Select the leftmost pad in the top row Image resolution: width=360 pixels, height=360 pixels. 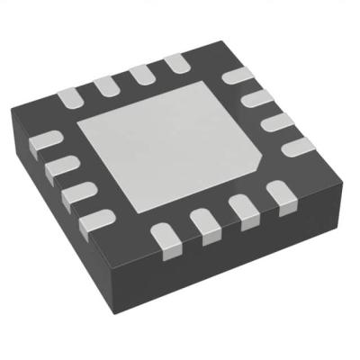71,93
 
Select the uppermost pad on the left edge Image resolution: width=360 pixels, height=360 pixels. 48,139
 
